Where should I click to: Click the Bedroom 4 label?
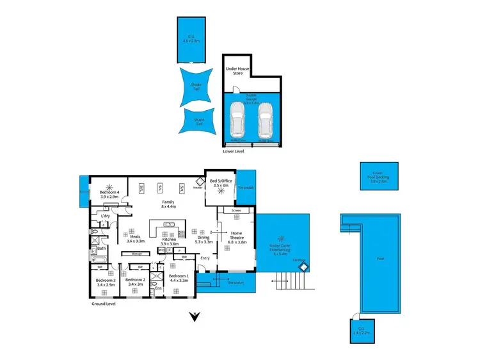109,195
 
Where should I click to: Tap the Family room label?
168,204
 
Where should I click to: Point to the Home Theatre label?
237,236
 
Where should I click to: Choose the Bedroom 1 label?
179,278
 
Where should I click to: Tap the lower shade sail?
198,121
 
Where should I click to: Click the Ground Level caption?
104,306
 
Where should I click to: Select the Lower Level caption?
234,152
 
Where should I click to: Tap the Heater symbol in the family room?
198,188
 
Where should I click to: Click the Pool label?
381,259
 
